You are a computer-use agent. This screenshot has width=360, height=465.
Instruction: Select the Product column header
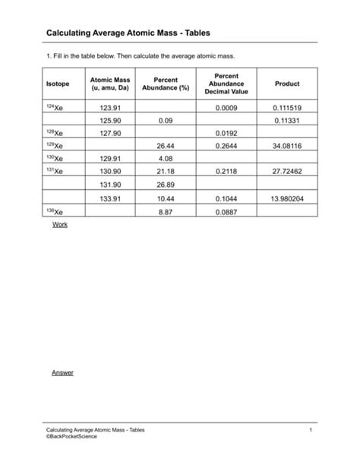[x=287, y=84]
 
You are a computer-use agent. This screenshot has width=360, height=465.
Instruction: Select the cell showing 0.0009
[x=226, y=107]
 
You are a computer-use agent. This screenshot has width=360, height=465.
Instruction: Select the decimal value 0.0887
[x=226, y=211]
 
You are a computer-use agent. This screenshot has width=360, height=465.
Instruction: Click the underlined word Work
[x=59, y=226]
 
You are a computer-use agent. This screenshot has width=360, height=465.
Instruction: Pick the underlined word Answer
[x=63, y=372]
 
